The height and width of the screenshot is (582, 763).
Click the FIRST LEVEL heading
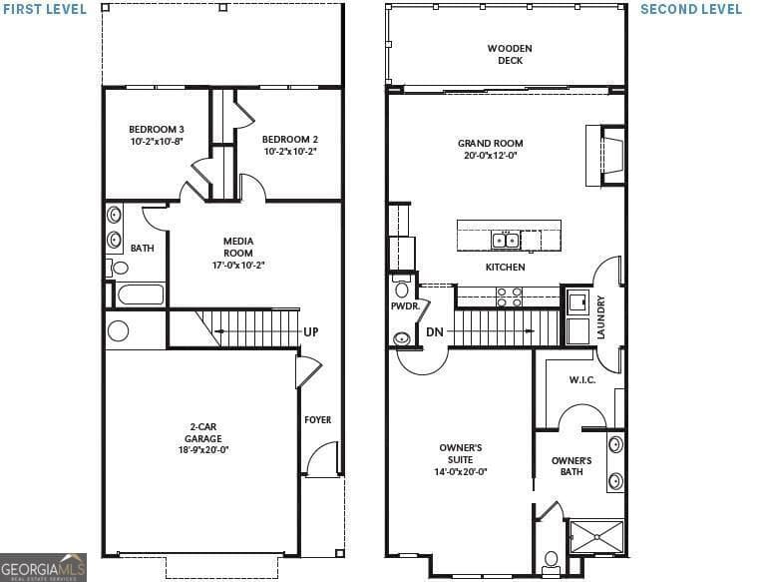pyautogui.click(x=44, y=9)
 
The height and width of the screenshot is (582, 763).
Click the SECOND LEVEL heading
pyautogui.click(x=690, y=9)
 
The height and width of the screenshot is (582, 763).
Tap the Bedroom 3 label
pyautogui.click(x=156, y=130)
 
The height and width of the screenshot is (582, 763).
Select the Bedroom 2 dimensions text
pyautogui.click(x=290, y=152)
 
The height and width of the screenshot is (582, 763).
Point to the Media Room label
pyautogui.click(x=237, y=248)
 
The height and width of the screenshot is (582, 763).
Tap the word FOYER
pyautogui.click(x=317, y=420)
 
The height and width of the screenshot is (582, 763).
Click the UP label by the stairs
pyautogui.click(x=311, y=331)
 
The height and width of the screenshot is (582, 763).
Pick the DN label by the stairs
pyautogui.click(x=434, y=331)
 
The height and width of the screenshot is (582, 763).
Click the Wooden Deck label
pyautogui.click(x=510, y=54)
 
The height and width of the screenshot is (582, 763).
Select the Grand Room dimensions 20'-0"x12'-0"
pyautogui.click(x=490, y=155)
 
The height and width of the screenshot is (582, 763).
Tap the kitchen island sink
pyautogui.click(x=505, y=240)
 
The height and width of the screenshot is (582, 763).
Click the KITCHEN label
pyautogui.click(x=505, y=268)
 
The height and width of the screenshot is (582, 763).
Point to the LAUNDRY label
pyautogui.click(x=600, y=316)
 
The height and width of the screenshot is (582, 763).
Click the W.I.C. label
pyautogui.click(x=581, y=379)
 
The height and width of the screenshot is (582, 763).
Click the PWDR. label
pyautogui.click(x=404, y=306)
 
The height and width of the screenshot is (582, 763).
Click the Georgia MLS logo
pyautogui.click(x=43, y=566)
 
